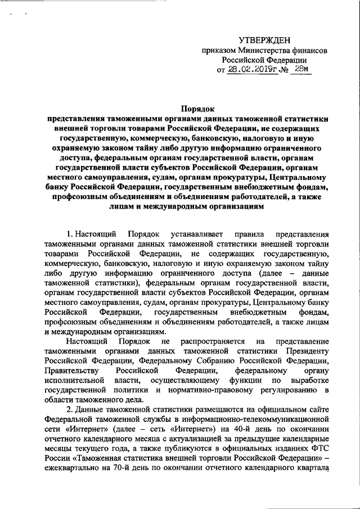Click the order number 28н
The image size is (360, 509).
click(x=300, y=69)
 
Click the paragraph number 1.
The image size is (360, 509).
click(x=69, y=233)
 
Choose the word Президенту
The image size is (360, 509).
click(x=305, y=352)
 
